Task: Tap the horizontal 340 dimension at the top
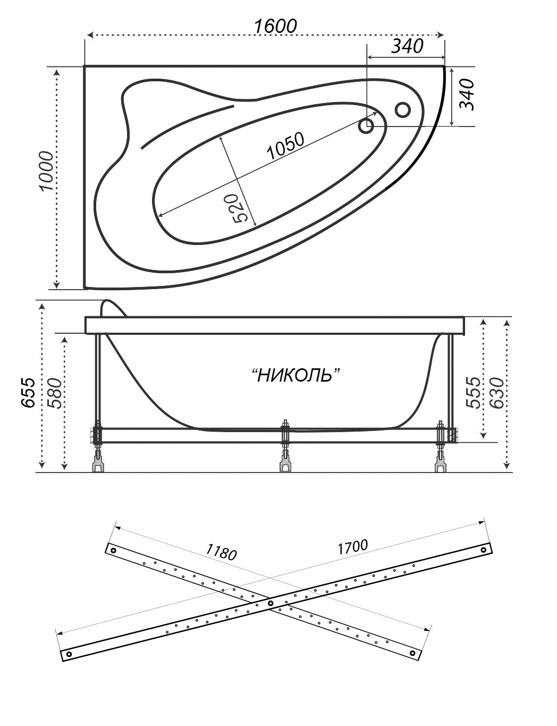pyautogui.click(x=407, y=46)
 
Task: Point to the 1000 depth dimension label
pyautogui.click(x=46, y=171)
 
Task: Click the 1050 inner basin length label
pyautogui.click(x=285, y=146)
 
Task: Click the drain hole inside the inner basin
pyautogui.click(x=366, y=126)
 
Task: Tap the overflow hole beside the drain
pyautogui.click(x=402, y=109)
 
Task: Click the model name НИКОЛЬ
pyautogui.click(x=295, y=375)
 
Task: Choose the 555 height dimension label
pyautogui.click(x=472, y=392)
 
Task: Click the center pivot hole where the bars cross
pyautogui.click(x=270, y=603)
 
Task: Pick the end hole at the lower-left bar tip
pyautogui.click(x=69, y=654)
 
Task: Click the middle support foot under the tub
pyautogui.click(x=285, y=466)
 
